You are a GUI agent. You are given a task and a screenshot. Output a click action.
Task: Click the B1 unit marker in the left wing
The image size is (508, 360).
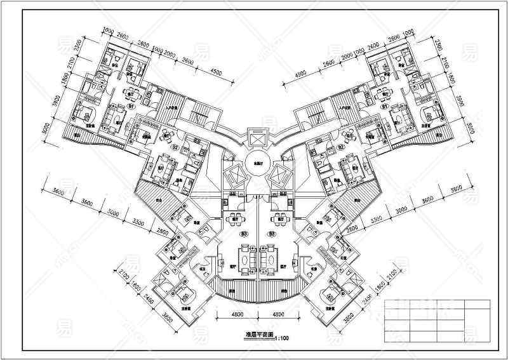point(131,107)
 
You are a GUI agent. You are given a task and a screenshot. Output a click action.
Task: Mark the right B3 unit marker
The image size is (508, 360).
point(272,234)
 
